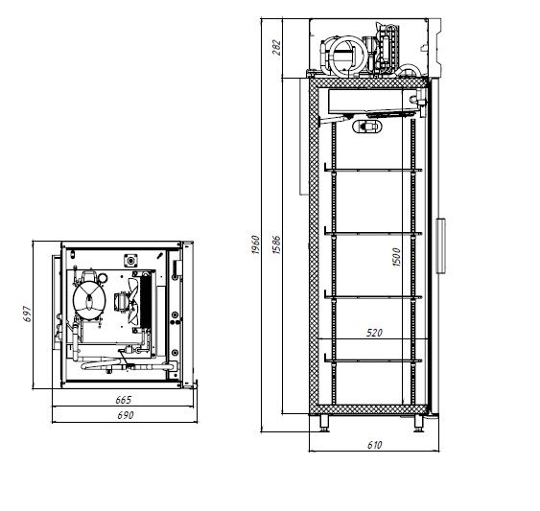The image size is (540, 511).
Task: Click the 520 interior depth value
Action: (x=375, y=334)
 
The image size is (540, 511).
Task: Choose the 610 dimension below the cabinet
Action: (x=374, y=444)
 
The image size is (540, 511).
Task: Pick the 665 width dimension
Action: (x=123, y=399)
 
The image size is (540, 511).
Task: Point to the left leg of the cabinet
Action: (x=324, y=422)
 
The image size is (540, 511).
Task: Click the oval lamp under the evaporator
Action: (x=366, y=127)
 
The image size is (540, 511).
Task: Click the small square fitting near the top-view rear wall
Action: (x=132, y=259)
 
